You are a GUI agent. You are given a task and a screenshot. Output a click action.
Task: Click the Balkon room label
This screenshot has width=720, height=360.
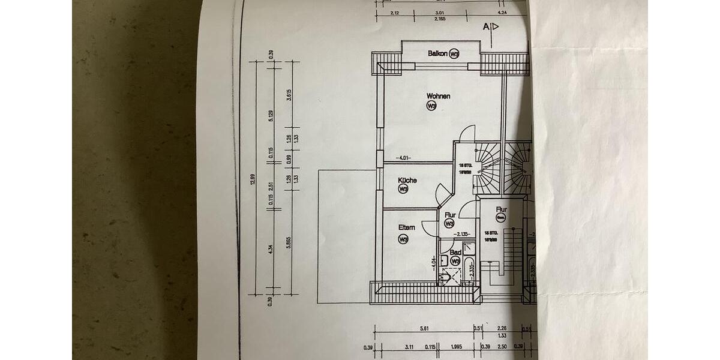[437, 53]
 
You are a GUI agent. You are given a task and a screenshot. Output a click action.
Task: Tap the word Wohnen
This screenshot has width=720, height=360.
[439, 96]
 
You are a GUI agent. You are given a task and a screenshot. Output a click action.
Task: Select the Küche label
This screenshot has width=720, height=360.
[407, 180]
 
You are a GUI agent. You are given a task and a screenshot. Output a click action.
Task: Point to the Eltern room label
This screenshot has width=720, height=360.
[407, 227]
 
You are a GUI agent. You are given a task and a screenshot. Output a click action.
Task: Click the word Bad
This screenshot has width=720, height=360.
[455, 253]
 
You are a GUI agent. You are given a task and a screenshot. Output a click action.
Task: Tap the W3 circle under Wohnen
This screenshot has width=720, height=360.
[431, 106]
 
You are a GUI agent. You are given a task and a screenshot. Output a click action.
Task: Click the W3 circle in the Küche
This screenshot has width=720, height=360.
[403, 189]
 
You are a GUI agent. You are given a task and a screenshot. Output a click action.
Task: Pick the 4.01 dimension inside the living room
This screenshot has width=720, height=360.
[403, 158]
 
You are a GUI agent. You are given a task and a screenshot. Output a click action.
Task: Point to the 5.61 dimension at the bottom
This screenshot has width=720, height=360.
[425, 328]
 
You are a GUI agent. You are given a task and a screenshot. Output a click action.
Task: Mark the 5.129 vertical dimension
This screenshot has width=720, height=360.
[271, 116]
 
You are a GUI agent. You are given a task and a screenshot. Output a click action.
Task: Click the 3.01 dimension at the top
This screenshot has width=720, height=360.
[439, 13]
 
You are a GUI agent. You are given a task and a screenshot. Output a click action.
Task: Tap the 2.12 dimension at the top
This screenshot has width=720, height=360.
[395, 13]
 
